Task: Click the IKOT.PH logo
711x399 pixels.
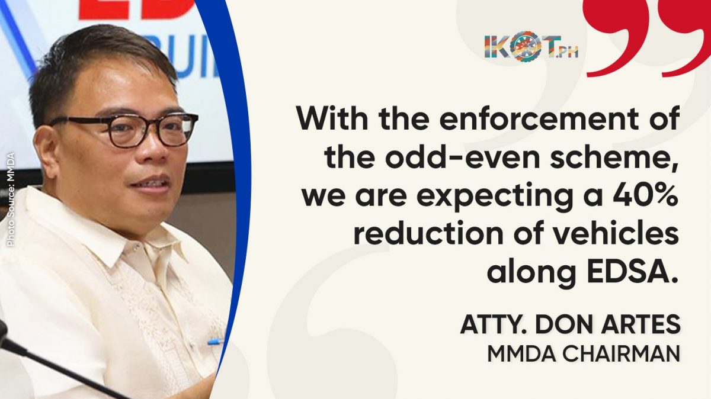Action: (x=531, y=46)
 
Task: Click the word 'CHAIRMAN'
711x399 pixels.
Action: (x=621, y=354)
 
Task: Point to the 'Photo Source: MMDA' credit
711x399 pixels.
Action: (x=11, y=200)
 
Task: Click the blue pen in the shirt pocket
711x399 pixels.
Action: (x=216, y=342)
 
